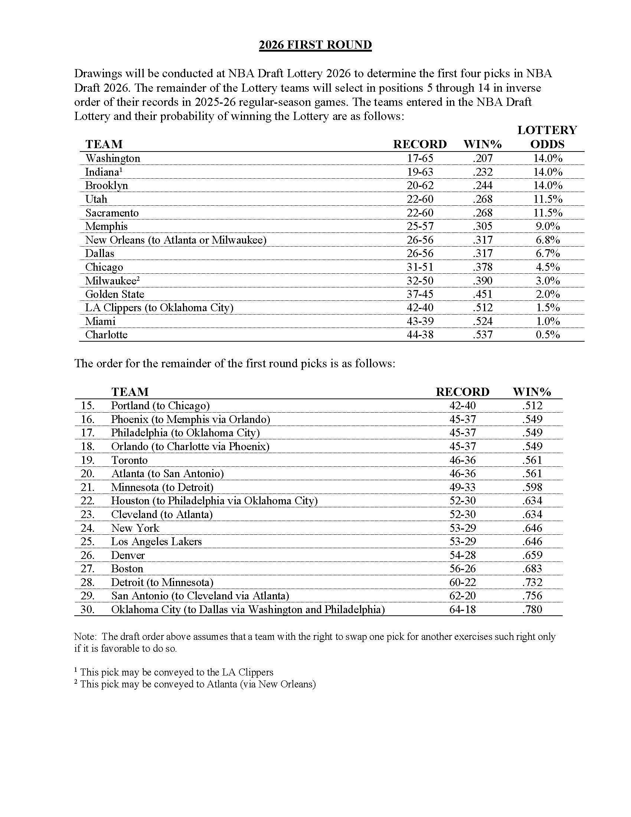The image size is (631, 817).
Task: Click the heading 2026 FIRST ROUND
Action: pyautogui.click(x=315, y=45)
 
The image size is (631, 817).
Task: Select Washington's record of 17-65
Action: pyautogui.click(x=420, y=158)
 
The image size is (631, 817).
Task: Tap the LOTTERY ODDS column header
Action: pyautogui.click(x=547, y=137)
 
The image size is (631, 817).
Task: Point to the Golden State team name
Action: pyautogui.click(x=114, y=294)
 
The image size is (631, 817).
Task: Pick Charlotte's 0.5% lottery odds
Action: pyautogui.click(x=547, y=335)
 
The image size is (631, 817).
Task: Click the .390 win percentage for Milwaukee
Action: pyautogui.click(x=483, y=280)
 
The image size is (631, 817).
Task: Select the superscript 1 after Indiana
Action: pyautogui.click(x=121, y=169)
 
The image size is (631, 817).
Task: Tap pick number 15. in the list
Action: pyautogui.click(x=88, y=406)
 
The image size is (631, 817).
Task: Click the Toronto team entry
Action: pyautogui.click(x=129, y=460)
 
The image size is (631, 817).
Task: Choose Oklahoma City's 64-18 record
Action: pyautogui.click(x=462, y=609)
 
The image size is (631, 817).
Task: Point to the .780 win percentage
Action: pyautogui.click(x=532, y=609)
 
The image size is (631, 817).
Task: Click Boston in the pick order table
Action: pyautogui.click(x=127, y=569)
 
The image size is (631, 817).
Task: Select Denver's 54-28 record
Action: pyautogui.click(x=462, y=555)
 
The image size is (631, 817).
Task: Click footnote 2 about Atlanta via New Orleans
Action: pyautogui.click(x=195, y=684)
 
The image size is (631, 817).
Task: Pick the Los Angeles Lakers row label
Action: pyautogui.click(x=156, y=542)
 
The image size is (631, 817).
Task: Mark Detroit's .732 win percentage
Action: pyautogui.click(x=532, y=582)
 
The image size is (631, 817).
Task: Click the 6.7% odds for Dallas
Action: pyautogui.click(x=547, y=253)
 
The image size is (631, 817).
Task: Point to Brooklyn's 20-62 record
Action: pyautogui.click(x=420, y=186)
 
